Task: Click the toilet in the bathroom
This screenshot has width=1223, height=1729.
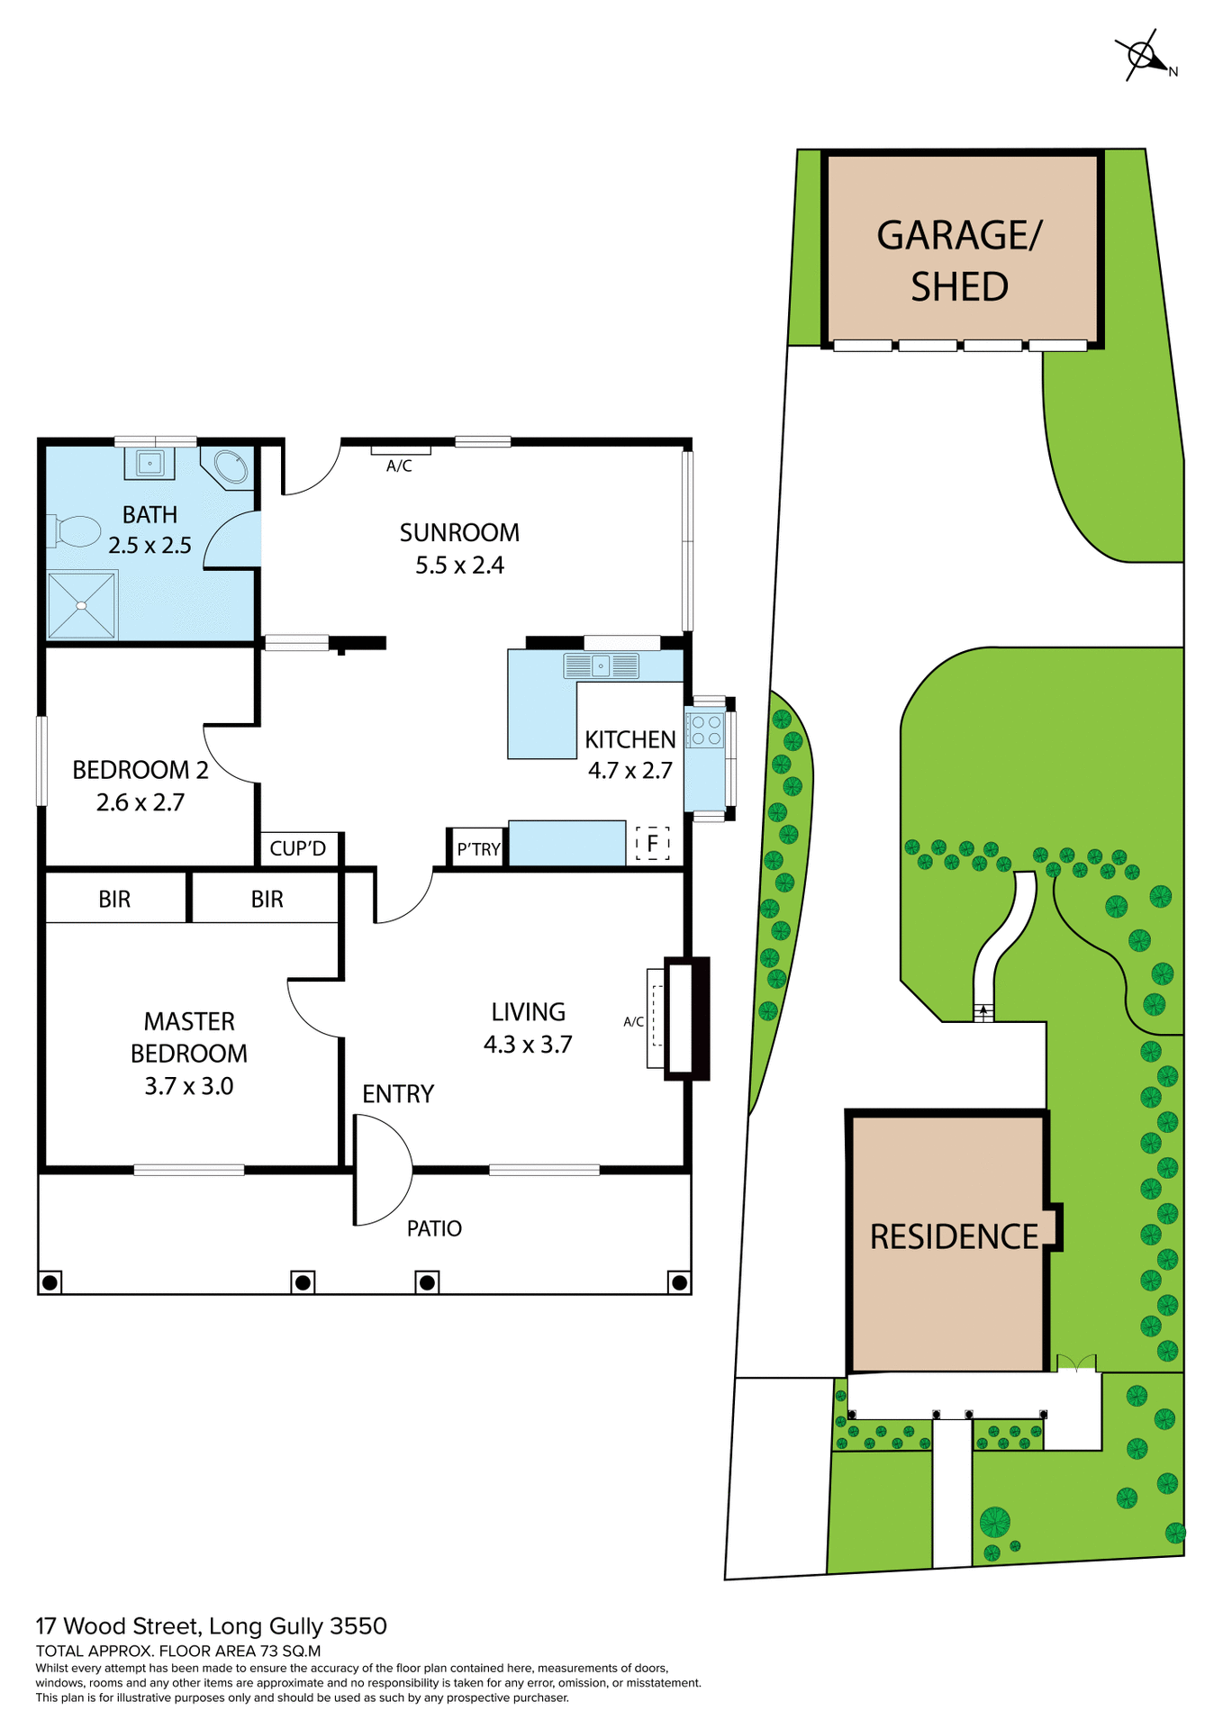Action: [x=75, y=531]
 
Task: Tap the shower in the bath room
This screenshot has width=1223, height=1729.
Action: [x=82, y=605]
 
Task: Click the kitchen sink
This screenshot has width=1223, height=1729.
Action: [x=601, y=666]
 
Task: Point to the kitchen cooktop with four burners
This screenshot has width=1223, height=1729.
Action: [x=705, y=730]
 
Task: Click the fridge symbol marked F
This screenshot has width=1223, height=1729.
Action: [x=653, y=844]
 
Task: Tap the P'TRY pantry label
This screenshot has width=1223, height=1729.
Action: [x=478, y=849]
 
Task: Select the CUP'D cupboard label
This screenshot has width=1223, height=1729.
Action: [x=297, y=849]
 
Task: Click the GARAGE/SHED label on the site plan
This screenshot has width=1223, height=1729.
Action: [x=960, y=261]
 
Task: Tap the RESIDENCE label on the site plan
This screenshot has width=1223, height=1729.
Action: [x=954, y=1237]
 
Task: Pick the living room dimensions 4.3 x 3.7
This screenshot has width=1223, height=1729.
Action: [x=528, y=1045]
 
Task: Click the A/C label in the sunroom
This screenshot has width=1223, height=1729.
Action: [x=399, y=466]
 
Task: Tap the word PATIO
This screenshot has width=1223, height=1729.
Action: [x=434, y=1228]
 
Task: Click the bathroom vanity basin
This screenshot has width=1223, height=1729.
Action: [x=149, y=464]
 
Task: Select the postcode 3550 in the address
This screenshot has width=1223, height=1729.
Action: [x=358, y=1626]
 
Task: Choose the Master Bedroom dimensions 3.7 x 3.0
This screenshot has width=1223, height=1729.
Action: [x=189, y=1086]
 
